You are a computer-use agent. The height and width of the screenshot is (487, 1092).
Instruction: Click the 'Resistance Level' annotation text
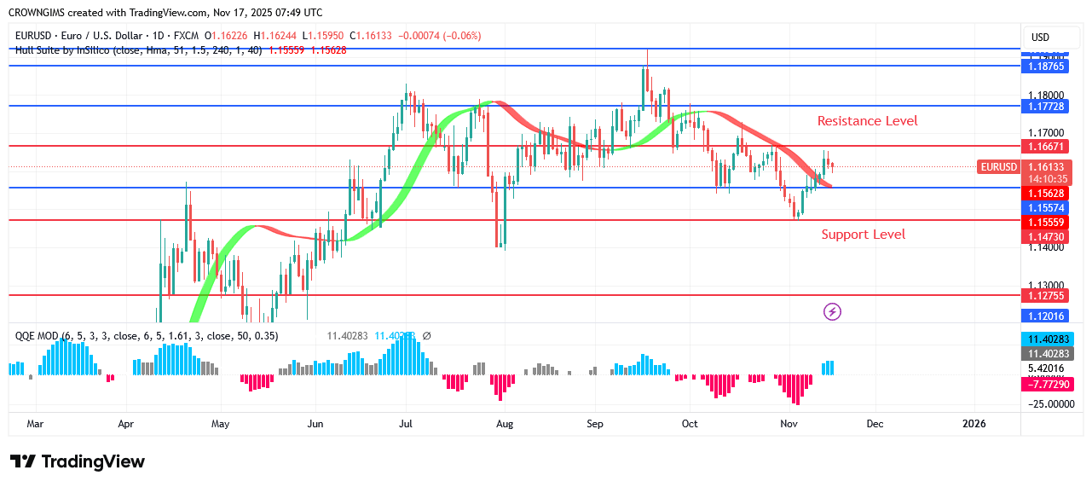click(867, 121)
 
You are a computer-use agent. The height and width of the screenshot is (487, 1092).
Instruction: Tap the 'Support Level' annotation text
click(863, 235)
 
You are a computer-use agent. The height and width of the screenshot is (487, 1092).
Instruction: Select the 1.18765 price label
click(1044, 66)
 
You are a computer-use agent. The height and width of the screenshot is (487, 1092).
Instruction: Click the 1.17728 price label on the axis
click(1044, 106)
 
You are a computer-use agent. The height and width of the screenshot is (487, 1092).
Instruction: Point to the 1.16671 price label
click(1044, 147)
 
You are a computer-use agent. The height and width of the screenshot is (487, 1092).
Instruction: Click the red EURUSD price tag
click(998, 167)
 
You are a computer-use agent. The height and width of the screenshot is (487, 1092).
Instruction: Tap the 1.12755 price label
click(1044, 296)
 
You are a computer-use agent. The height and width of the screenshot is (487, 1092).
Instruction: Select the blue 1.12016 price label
click(1044, 316)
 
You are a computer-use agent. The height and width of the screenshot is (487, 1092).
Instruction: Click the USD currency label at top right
click(1040, 38)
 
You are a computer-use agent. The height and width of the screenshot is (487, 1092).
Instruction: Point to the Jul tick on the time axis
click(406, 423)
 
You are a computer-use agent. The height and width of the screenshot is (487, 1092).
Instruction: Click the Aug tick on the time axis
click(505, 423)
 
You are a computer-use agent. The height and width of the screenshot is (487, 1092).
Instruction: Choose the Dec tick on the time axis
click(875, 423)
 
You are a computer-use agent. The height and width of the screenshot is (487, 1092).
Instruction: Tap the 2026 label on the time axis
click(974, 423)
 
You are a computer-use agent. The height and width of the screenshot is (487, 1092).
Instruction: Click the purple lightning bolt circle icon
click(832, 311)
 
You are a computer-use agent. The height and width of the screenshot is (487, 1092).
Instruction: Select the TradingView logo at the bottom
click(78, 461)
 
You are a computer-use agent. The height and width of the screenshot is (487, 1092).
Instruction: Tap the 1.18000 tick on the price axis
click(1044, 96)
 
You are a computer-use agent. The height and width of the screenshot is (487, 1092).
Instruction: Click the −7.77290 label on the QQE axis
click(1044, 385)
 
